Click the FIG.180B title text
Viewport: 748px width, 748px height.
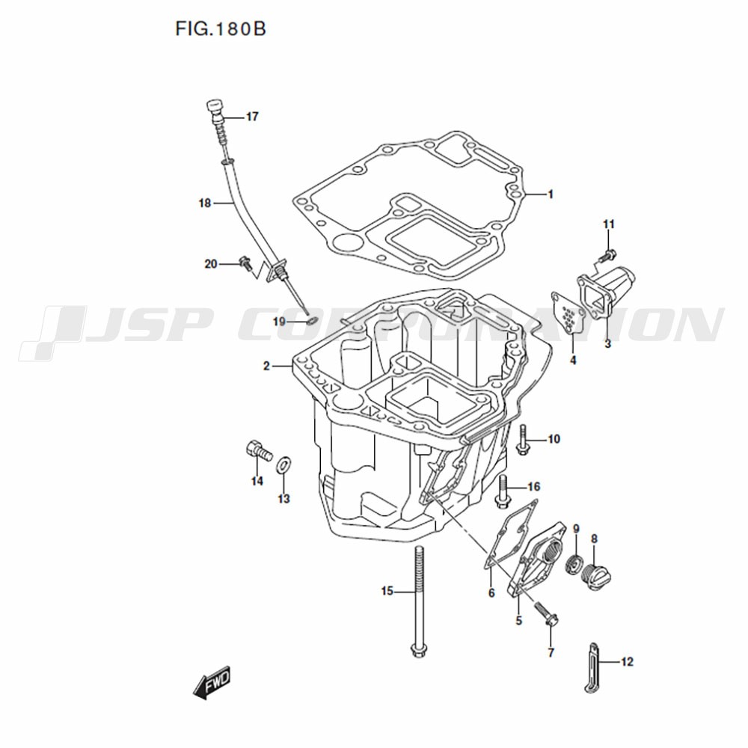[x=221, y=30]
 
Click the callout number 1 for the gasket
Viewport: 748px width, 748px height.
[x=551, y=194]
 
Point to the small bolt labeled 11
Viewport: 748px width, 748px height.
[x=607, y=255]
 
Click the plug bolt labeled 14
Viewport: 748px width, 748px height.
[x=259, y=451]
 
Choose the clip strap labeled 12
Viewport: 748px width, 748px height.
[x=592, y=667]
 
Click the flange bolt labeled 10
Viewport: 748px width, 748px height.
[x=523, y=439]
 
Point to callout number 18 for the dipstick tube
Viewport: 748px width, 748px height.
[x=205, y=203]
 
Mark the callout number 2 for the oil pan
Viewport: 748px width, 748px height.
[x=267, y=366]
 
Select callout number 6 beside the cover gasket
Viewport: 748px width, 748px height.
[x=492, y=592]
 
